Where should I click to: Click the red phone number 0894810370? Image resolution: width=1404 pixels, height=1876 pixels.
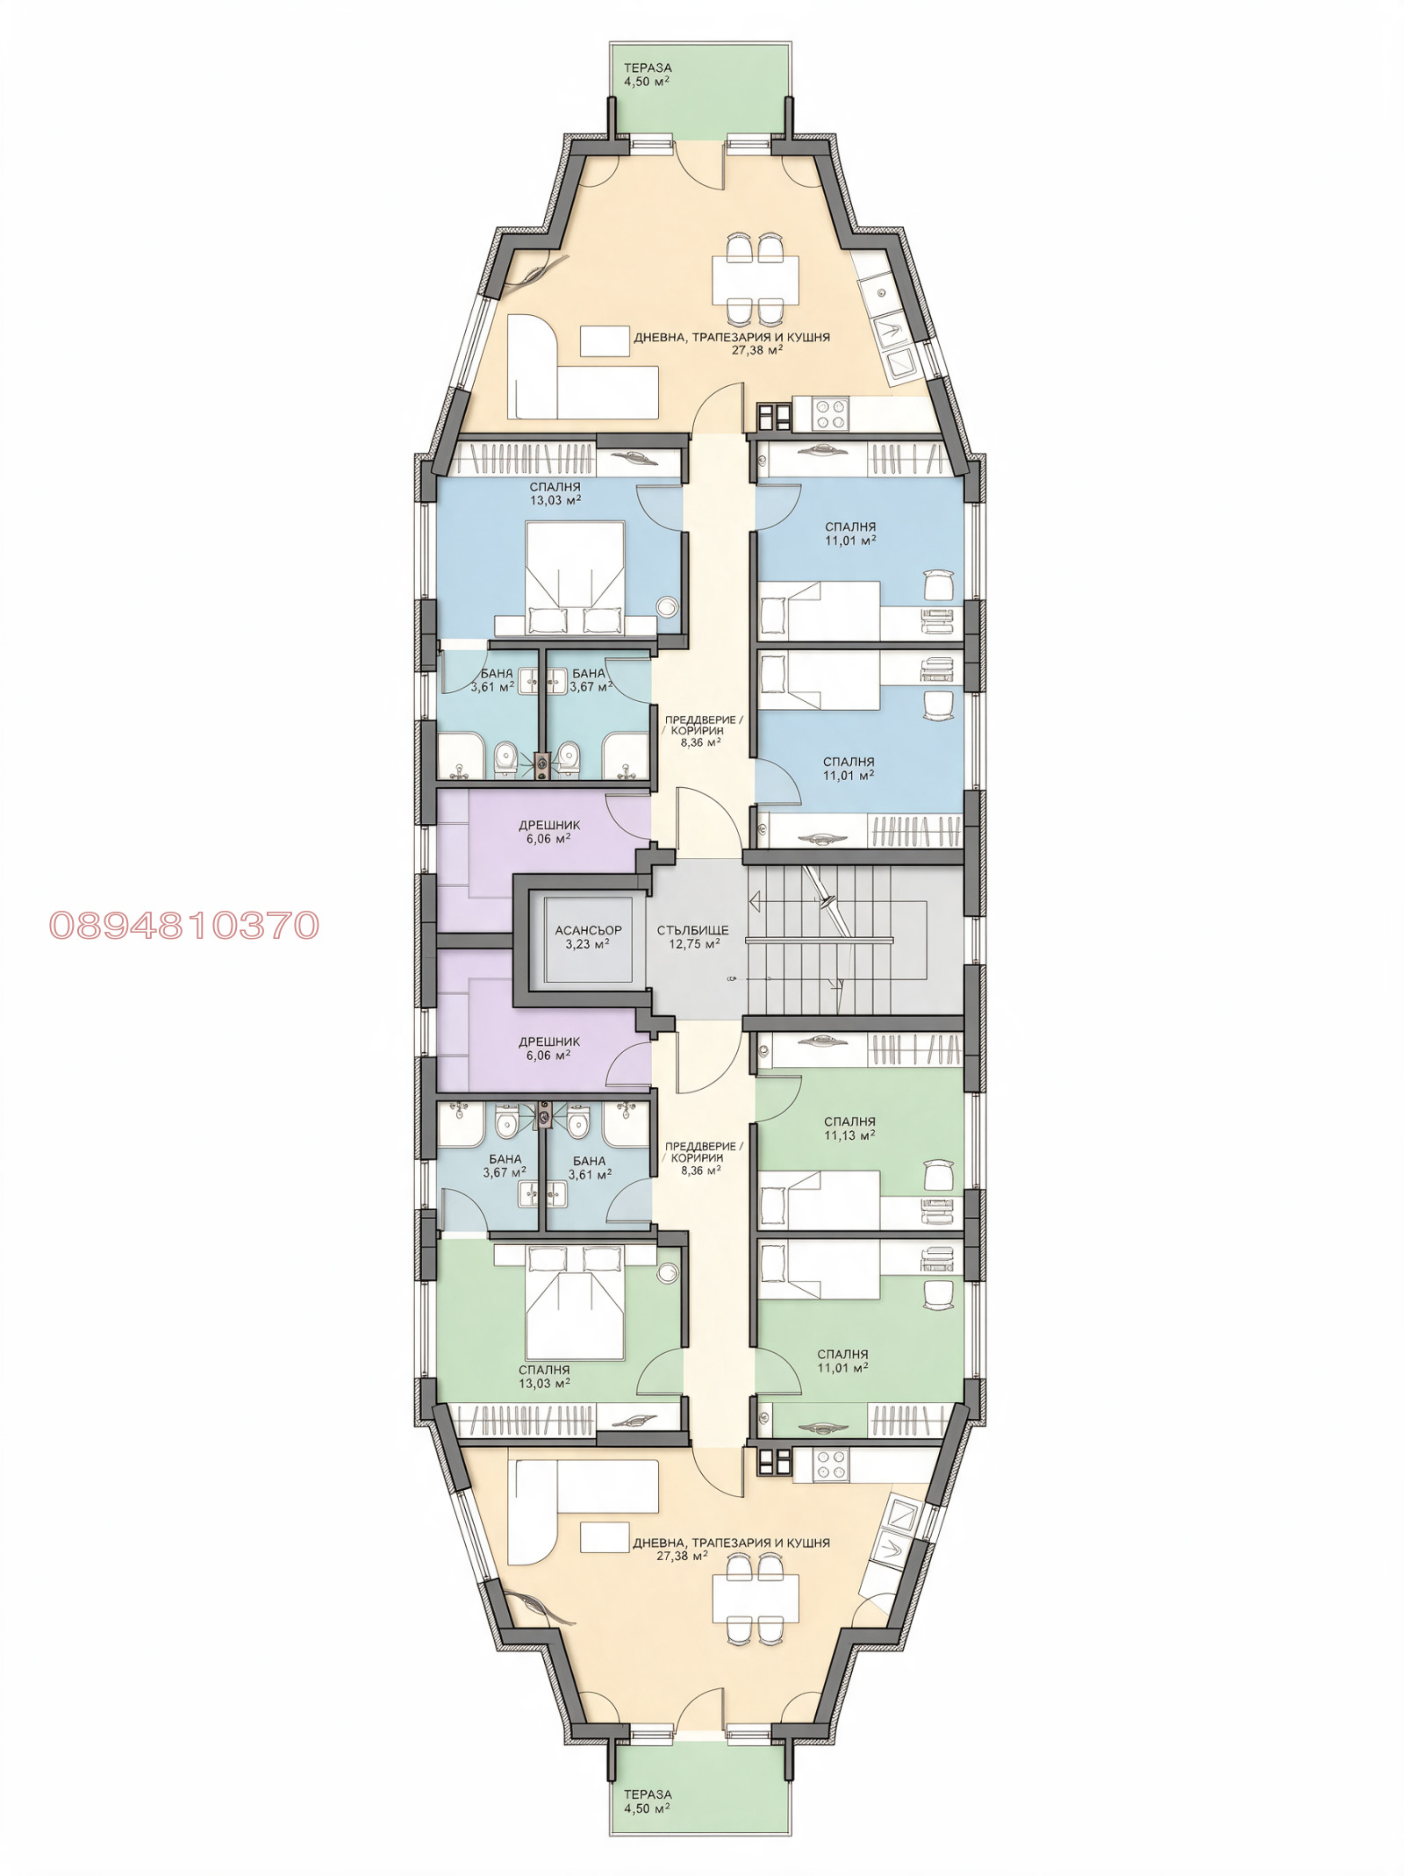(x=184, y=926)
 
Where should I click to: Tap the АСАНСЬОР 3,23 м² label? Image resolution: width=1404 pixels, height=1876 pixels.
(x=588, y=937)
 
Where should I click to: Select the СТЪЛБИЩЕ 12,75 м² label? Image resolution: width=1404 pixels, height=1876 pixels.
(x=692, y=937)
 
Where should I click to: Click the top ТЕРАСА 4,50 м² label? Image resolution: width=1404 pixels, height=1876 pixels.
(x=648, y=75)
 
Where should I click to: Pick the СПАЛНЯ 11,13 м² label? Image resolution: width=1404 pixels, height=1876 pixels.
(x=849, y=1128)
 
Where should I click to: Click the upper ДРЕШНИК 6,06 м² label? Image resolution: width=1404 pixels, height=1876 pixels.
(x=549, y=832)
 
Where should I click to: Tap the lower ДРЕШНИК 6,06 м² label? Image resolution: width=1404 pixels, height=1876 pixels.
(x=549, y=1049)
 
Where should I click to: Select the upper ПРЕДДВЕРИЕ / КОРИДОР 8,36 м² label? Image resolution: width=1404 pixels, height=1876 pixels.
(x=702, y=731)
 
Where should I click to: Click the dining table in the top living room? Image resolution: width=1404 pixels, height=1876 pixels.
(x=756, y=278)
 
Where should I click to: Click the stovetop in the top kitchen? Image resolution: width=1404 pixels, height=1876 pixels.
(x=830, y=413)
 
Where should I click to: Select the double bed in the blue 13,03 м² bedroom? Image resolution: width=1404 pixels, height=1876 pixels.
(x=575, y=577)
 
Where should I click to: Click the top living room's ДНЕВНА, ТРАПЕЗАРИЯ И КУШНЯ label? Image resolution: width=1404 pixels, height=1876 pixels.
(x=732, y=337)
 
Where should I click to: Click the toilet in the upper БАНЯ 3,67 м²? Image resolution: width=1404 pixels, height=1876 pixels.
(x=569, y=760)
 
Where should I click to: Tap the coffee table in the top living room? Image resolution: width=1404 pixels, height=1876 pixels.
(x=605, y=340)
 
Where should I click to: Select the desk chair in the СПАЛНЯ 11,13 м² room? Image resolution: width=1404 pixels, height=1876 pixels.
(x=938, y=1176)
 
